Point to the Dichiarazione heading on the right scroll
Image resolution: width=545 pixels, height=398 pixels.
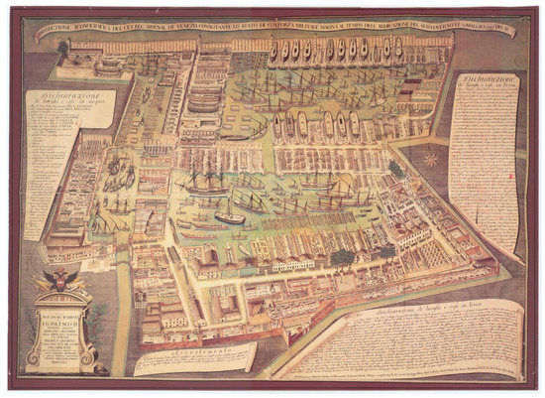[482, 81]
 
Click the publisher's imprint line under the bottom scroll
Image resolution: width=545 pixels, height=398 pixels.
[396, 378]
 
